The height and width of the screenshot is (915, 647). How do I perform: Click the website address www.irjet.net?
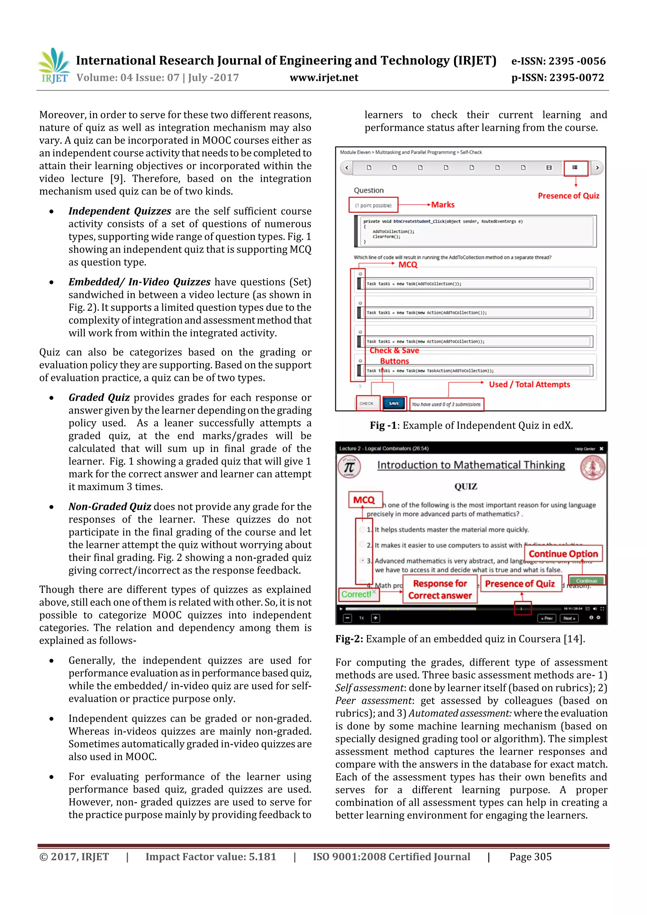(324, 78)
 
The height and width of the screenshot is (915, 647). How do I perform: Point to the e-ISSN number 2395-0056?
(558, 61)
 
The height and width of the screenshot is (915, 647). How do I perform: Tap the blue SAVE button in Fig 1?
(394, 403)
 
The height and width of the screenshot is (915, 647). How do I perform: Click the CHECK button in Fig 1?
(366, 403)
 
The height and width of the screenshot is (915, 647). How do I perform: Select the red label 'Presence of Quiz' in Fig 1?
(568, 196)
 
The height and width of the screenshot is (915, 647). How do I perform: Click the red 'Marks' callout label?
(443, 204)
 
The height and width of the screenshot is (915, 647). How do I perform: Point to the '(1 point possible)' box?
(373, 205)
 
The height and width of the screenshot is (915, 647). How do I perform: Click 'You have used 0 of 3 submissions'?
(446, 404)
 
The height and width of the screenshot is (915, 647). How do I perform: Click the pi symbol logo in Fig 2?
(349, 467)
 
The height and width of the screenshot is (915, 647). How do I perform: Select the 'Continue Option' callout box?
(563, 554)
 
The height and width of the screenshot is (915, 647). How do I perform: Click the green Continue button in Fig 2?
(586, 581)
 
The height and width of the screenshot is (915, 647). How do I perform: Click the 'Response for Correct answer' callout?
(440, 589)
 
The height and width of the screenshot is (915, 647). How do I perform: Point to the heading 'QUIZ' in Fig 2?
(466, 486)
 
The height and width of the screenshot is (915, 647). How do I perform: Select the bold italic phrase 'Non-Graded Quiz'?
(110, 507)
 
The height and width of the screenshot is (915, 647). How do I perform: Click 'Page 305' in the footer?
(530, 857)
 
